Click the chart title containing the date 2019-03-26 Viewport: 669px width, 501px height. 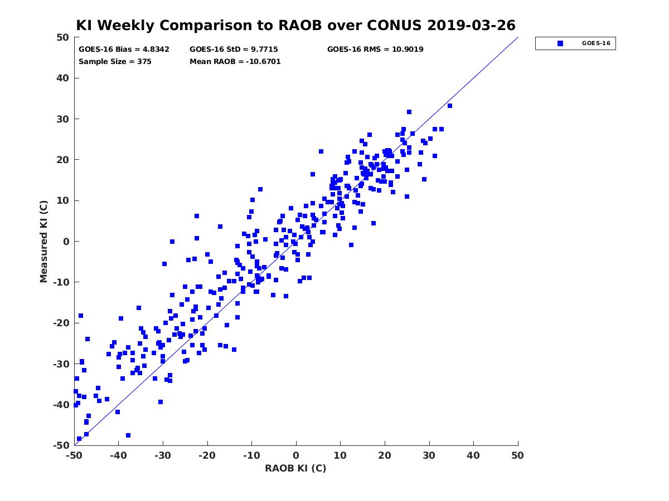pos(295,25)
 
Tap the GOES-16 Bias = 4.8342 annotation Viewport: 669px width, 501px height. pos(124,50)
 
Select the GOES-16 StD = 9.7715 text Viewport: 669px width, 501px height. pos(234,50)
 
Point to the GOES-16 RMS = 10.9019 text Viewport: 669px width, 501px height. pos(375,50)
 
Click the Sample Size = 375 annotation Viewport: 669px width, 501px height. pos(115,62)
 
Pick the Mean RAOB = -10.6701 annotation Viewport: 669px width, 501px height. pos(235,62)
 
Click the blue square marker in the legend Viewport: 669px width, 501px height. pos(560,43)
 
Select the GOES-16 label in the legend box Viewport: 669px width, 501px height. pos(596,43)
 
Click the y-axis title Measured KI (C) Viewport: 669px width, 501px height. pos(43,241)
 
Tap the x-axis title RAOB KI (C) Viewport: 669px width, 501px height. pos(295,468)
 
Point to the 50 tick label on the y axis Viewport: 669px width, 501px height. pos(63,37)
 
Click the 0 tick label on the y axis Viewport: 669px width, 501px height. pos(66,242)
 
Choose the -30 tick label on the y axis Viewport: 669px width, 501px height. pos(61,364)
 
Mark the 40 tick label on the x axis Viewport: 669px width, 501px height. pos(473,455)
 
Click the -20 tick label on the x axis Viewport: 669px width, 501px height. pos(207,455)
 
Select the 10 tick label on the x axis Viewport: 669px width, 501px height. pos(340,455)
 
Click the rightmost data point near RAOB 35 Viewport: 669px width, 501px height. pos(450,106)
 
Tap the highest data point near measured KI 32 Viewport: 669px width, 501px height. pos(409,112)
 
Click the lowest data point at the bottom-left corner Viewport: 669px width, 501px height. pos(79,439)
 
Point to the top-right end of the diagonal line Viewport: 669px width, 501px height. pos(518,37)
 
